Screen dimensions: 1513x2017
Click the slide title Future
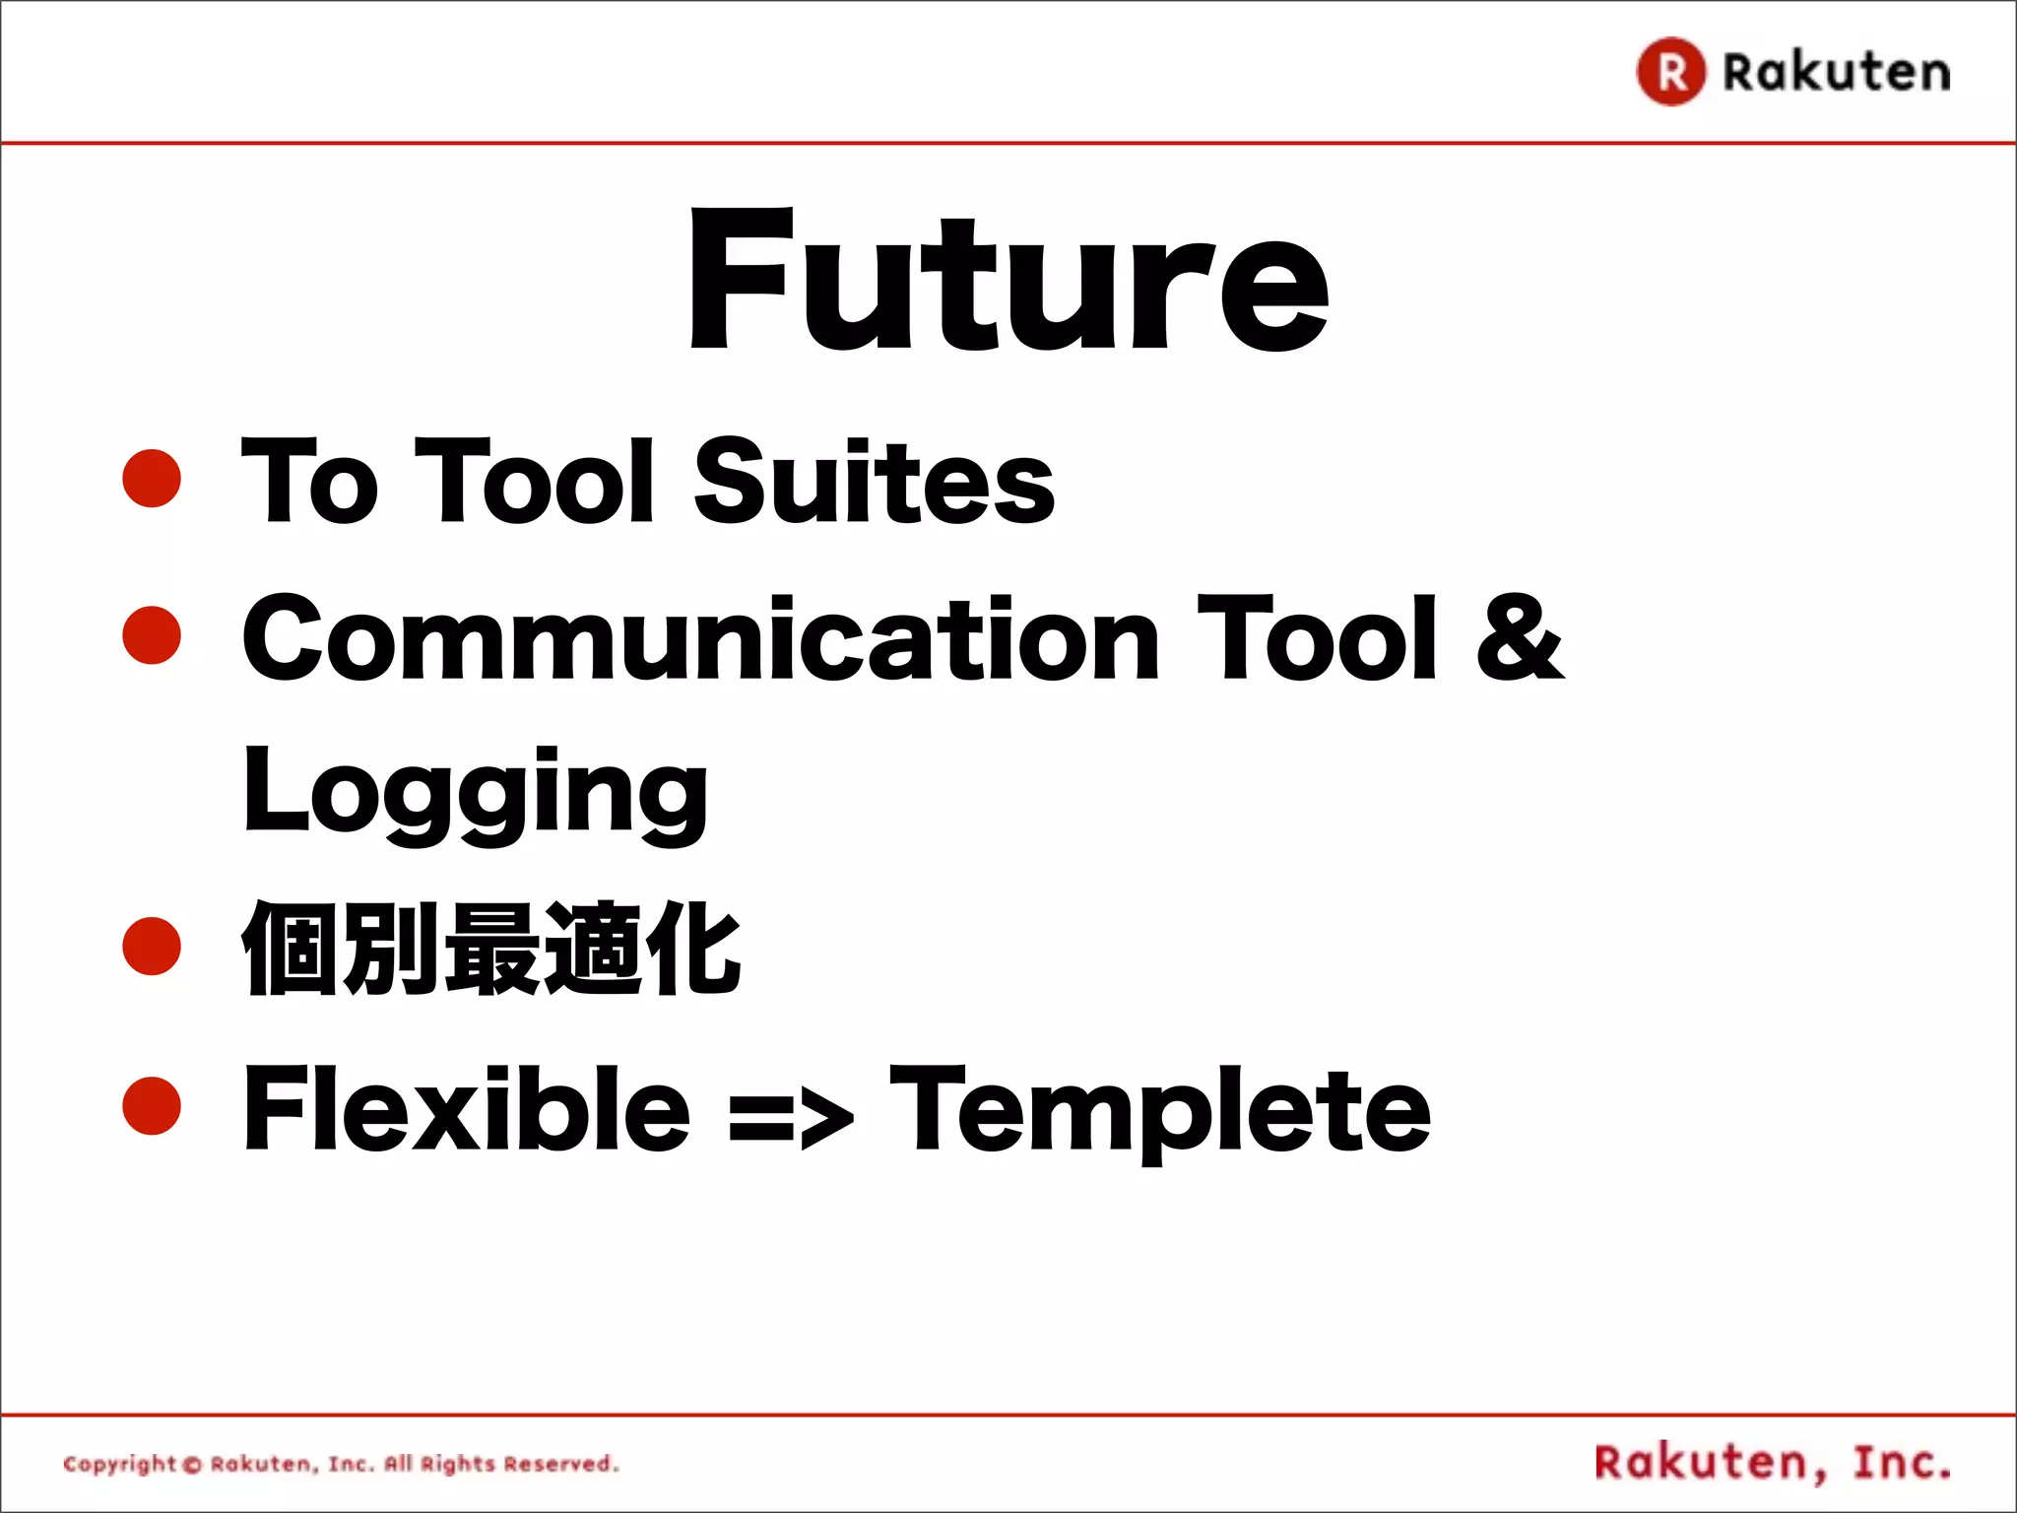pos(1008,281)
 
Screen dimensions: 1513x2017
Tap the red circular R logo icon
pos(1670,72)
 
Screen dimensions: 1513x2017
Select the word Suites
pos(874,482)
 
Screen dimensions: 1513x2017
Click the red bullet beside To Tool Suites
pos(152,479)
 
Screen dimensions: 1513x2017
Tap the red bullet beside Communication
pos(152,634)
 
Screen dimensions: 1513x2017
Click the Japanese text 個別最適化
pos(490,949)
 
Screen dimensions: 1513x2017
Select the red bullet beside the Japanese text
pos(152,946)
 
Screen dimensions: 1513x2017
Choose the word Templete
pos(1160,1111)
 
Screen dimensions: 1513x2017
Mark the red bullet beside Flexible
pos(152,1105)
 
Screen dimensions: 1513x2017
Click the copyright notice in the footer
pos(341,1464)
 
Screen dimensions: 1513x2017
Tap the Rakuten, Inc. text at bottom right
pos(1773,1463)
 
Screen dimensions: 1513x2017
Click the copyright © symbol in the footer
pos(193,1465)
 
